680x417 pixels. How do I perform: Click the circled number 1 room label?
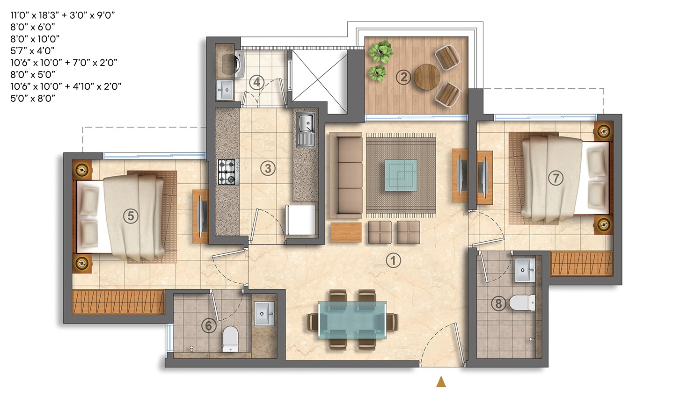(x=393, y=260)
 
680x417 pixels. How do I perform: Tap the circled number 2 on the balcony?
(x=403, y=77)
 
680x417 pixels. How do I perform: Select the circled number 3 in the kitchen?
(x=268, y=168)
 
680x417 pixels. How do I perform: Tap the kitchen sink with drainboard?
(x=306, y=129)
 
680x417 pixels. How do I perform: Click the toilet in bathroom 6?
(x=230, y=339)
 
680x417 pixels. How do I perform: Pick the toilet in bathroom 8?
(x=522, y=302)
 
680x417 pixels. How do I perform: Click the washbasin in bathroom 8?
(x=525, y=270)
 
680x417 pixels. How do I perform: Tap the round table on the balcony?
(x=427, y=77)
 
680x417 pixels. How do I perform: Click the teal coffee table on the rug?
(x=401, y=175)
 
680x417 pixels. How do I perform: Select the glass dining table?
(x=352, y=320)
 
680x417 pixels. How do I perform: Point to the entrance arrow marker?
(x=441, y=382)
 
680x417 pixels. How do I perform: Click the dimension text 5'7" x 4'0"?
(x=32, y=50)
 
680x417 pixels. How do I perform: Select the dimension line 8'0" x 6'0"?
(x=32, y=27)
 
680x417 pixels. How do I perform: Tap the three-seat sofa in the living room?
(x=346, y=177)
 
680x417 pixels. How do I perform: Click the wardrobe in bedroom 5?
(x=118, y=302)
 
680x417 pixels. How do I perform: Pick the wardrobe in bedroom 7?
(x=582, y=264)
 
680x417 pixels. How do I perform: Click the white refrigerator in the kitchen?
(x=300, y=220)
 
